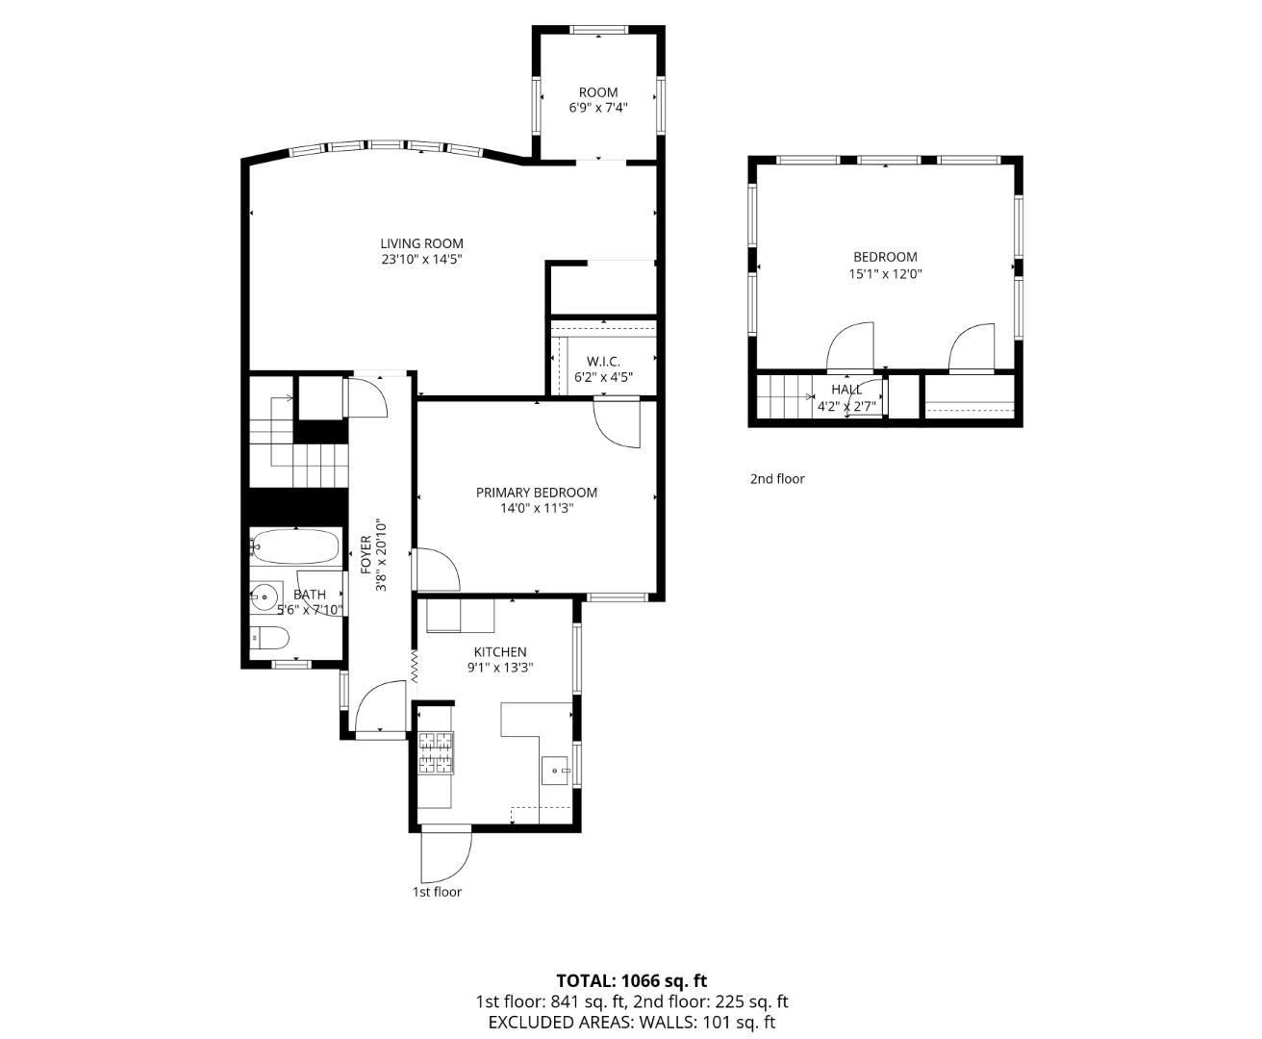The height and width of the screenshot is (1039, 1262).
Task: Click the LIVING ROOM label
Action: tap(421, 243)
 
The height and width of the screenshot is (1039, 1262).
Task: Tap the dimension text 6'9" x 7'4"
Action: tap(598, 109)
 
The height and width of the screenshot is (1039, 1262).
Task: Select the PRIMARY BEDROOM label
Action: tap(536, 493)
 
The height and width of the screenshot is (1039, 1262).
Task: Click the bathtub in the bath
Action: tap(295, 547)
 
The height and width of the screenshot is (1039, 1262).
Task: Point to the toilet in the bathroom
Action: tap(269, 637)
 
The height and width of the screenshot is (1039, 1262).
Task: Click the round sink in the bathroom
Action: tap(265, 597)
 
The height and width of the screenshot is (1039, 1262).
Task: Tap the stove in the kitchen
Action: tap(436, 752)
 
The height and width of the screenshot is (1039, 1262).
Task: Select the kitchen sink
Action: tap(556, 770)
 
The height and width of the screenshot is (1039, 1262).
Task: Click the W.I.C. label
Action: tap(603, 361)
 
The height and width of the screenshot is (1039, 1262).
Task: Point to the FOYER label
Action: tap(366, 554)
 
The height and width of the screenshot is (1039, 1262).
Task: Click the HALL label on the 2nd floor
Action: tap(846, 390)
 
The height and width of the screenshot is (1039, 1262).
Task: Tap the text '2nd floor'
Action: tap(777, 479)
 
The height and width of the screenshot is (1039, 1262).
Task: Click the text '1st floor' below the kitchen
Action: tap(437, 892)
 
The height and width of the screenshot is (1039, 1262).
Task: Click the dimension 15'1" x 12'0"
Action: tap(885, 274)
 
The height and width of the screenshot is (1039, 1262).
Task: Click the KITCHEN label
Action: tap(499, 652)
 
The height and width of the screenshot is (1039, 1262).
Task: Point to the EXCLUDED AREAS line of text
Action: tap(631, 1023)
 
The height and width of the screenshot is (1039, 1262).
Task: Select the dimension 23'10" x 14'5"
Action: tap(421, 260)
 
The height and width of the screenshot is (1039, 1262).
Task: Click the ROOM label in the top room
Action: tap(598, 92)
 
